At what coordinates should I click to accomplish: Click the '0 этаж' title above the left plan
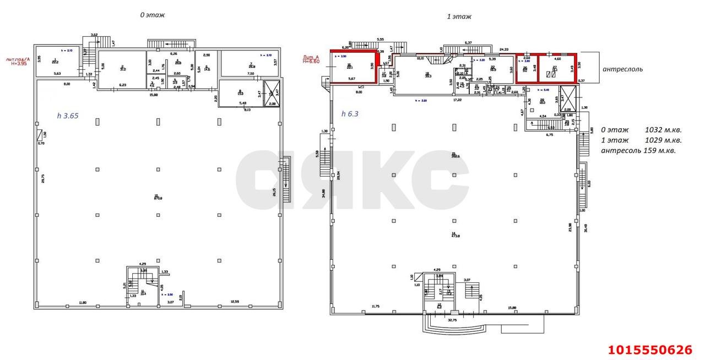click(x=152, y=15)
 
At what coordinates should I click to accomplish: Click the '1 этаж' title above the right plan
click(x=459, y=17)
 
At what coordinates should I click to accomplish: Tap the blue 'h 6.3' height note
click(x=350, y=114)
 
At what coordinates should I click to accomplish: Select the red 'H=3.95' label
click(x=19, y=63)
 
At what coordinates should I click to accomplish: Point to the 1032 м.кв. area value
click(x=663, y=130)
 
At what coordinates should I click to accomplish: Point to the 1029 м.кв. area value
click(x=663, y=140)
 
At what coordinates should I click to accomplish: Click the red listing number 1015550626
click(x=650, y=350)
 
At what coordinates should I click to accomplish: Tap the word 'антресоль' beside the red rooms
click(x=622, y=69)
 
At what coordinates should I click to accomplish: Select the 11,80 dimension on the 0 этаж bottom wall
click(x=83, y=302)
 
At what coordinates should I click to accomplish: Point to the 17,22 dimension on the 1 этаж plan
click(x=457, y=100)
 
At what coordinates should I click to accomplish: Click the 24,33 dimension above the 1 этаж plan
click(x=503, y=50)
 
